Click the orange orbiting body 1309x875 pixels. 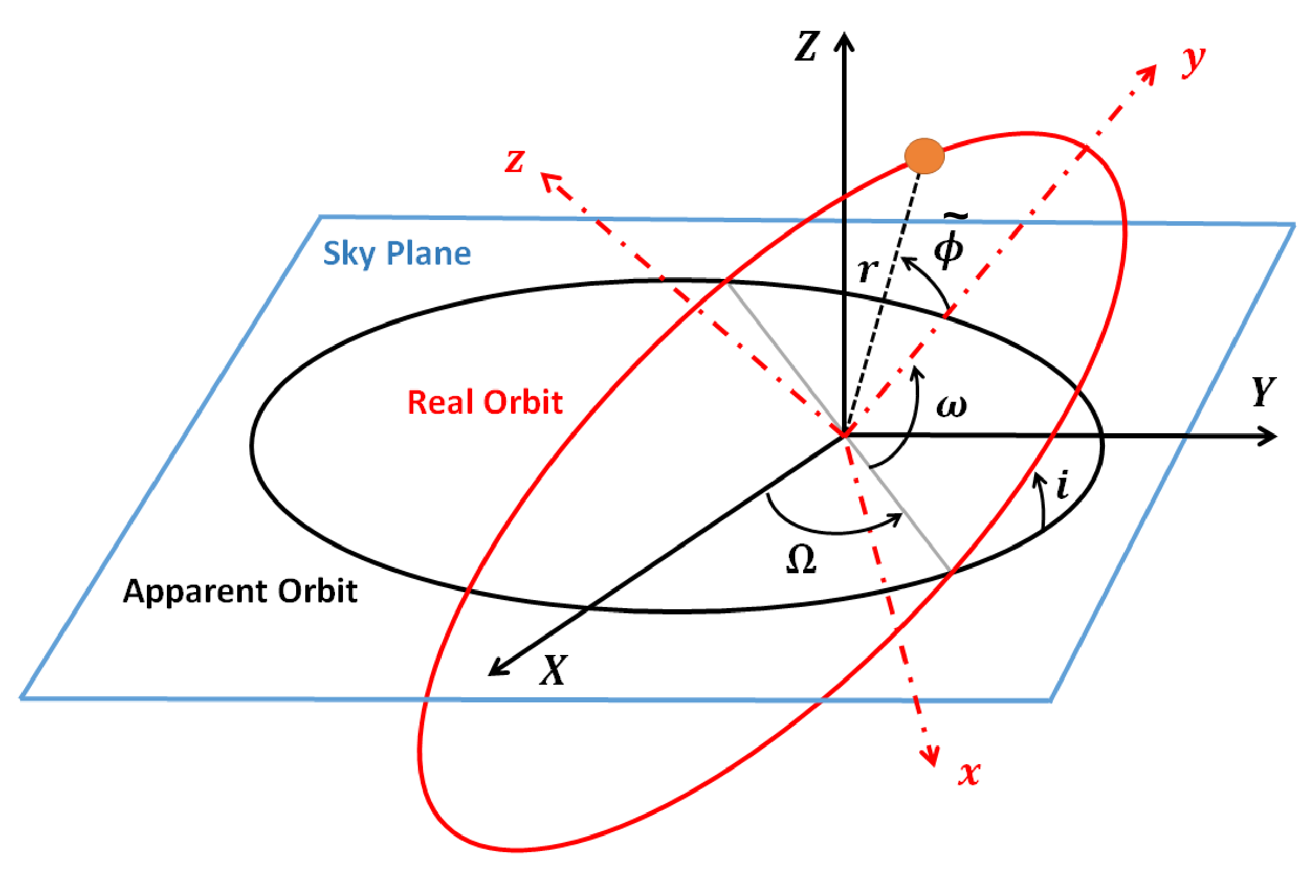click(x=924, y=155)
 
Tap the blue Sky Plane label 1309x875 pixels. click(x=397, y=253)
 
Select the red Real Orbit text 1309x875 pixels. click(x=485, y=402)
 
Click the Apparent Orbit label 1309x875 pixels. click(x=240, y=591)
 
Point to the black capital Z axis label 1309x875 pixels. click(x=807, y=46)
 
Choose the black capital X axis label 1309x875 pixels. click(x=553, y=669)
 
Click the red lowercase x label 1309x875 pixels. click(x=969, y=773)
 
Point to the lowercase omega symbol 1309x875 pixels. click(x=951, y=406)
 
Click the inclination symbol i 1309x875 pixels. click(x=1063, y=485)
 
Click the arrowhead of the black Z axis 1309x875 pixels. click(x=844, y=41)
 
